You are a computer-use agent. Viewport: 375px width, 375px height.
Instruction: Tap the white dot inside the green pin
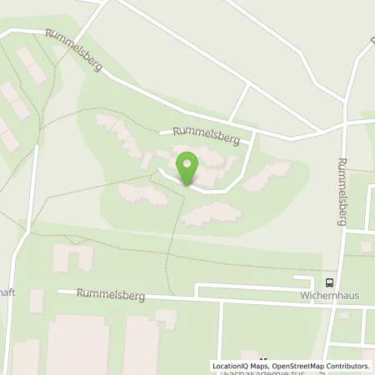tap(187, 160)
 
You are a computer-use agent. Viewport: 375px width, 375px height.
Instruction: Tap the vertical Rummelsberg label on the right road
tap(345, 187)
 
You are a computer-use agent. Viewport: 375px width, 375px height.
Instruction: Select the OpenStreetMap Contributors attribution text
tap(320, 366)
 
